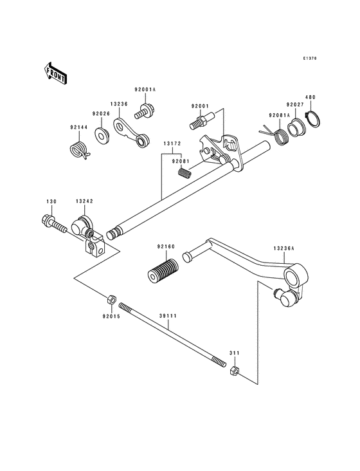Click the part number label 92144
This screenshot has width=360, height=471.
(79, 127)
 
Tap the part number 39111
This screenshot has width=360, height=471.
(169, 317)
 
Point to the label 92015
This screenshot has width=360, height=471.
(111, 316)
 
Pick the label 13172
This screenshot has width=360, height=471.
(171, 145)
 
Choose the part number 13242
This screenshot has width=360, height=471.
(84, 201)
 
